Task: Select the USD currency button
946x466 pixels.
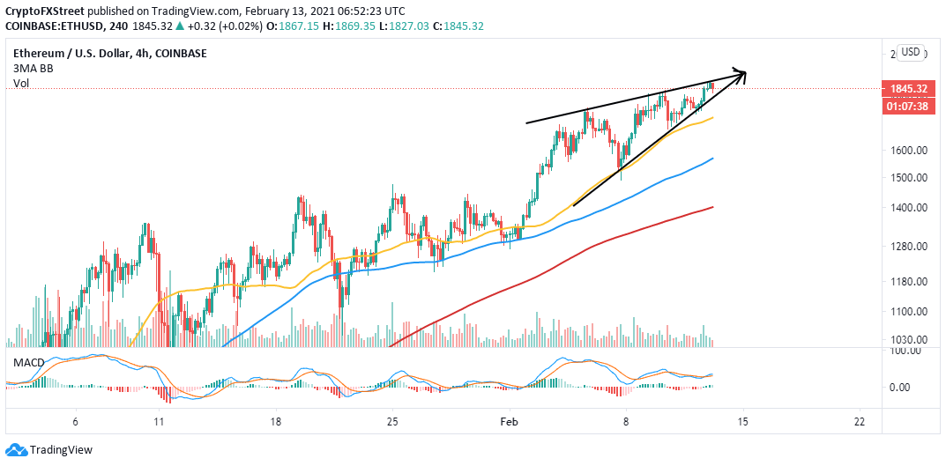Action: pyautogui.click(x=910, y=53)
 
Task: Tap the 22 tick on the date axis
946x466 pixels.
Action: pyautogui.click(x=859, y=421)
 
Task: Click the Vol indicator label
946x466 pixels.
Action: pyautogui.click(x=20, y=84)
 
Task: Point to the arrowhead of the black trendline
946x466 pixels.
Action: pyautogui.click(x=742, y=75)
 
